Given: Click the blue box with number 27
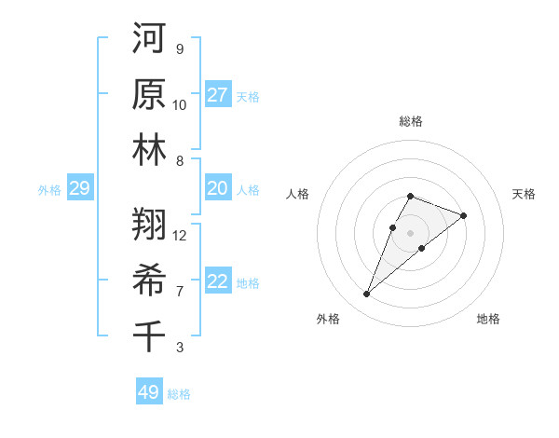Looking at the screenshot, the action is [218, 95].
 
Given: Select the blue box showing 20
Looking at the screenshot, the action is [218, 188].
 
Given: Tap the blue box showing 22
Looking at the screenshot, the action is [218, 281].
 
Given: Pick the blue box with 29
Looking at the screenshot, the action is [79, 188].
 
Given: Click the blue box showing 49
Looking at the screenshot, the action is [149, 392].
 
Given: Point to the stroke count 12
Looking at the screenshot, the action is [180, 235].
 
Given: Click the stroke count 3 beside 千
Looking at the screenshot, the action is [180, 348].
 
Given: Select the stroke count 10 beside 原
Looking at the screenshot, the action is [180, 104].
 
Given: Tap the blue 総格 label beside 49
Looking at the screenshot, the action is [179, 393].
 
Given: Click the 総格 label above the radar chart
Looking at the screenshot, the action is [410, 121].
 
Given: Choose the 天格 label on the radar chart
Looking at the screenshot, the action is [525, 194].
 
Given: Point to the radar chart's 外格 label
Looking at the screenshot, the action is [328, 319].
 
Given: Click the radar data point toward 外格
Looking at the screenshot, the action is [367, 294].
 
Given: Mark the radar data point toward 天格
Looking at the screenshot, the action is [463, 215].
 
